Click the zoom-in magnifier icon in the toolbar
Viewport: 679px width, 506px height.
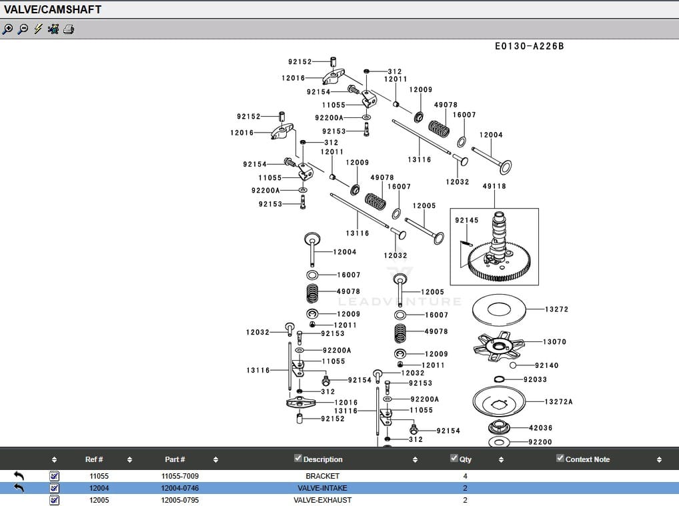pos(8,29)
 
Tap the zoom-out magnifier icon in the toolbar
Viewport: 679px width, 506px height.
pos(23,29)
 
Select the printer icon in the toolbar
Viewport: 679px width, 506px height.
pos(69,29)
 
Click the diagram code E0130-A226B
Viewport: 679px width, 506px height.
pos(529,46)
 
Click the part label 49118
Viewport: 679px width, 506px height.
pos(494,186)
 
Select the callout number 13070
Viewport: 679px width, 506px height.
pos(554,341)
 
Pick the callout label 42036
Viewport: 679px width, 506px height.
pos(540,427)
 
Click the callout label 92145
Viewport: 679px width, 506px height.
pos(466,220)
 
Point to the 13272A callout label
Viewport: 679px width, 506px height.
pos(558,402)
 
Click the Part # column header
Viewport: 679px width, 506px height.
pos(175,459)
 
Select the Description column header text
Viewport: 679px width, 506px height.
pos(323,459)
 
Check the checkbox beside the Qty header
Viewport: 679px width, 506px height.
pos(454,458)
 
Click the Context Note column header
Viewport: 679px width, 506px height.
pos(587,459)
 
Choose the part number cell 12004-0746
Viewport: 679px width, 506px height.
pos(180,488)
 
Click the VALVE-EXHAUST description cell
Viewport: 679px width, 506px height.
pos(323,500)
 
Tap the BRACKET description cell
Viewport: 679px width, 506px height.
pos(323,476)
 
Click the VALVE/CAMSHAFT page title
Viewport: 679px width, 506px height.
pos(53,9)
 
